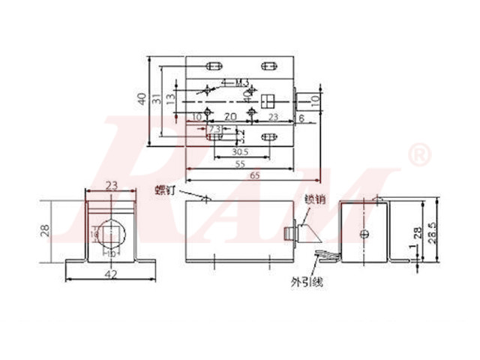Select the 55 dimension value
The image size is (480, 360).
(241, 163)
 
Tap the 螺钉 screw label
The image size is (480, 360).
(166, 190)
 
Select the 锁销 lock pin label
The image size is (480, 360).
(314, 199)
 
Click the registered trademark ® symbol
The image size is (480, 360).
(418, 155)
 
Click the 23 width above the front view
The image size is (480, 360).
(112, 184)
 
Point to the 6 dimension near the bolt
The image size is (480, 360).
(301, 118)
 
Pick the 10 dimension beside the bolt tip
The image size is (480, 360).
(315, 97)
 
